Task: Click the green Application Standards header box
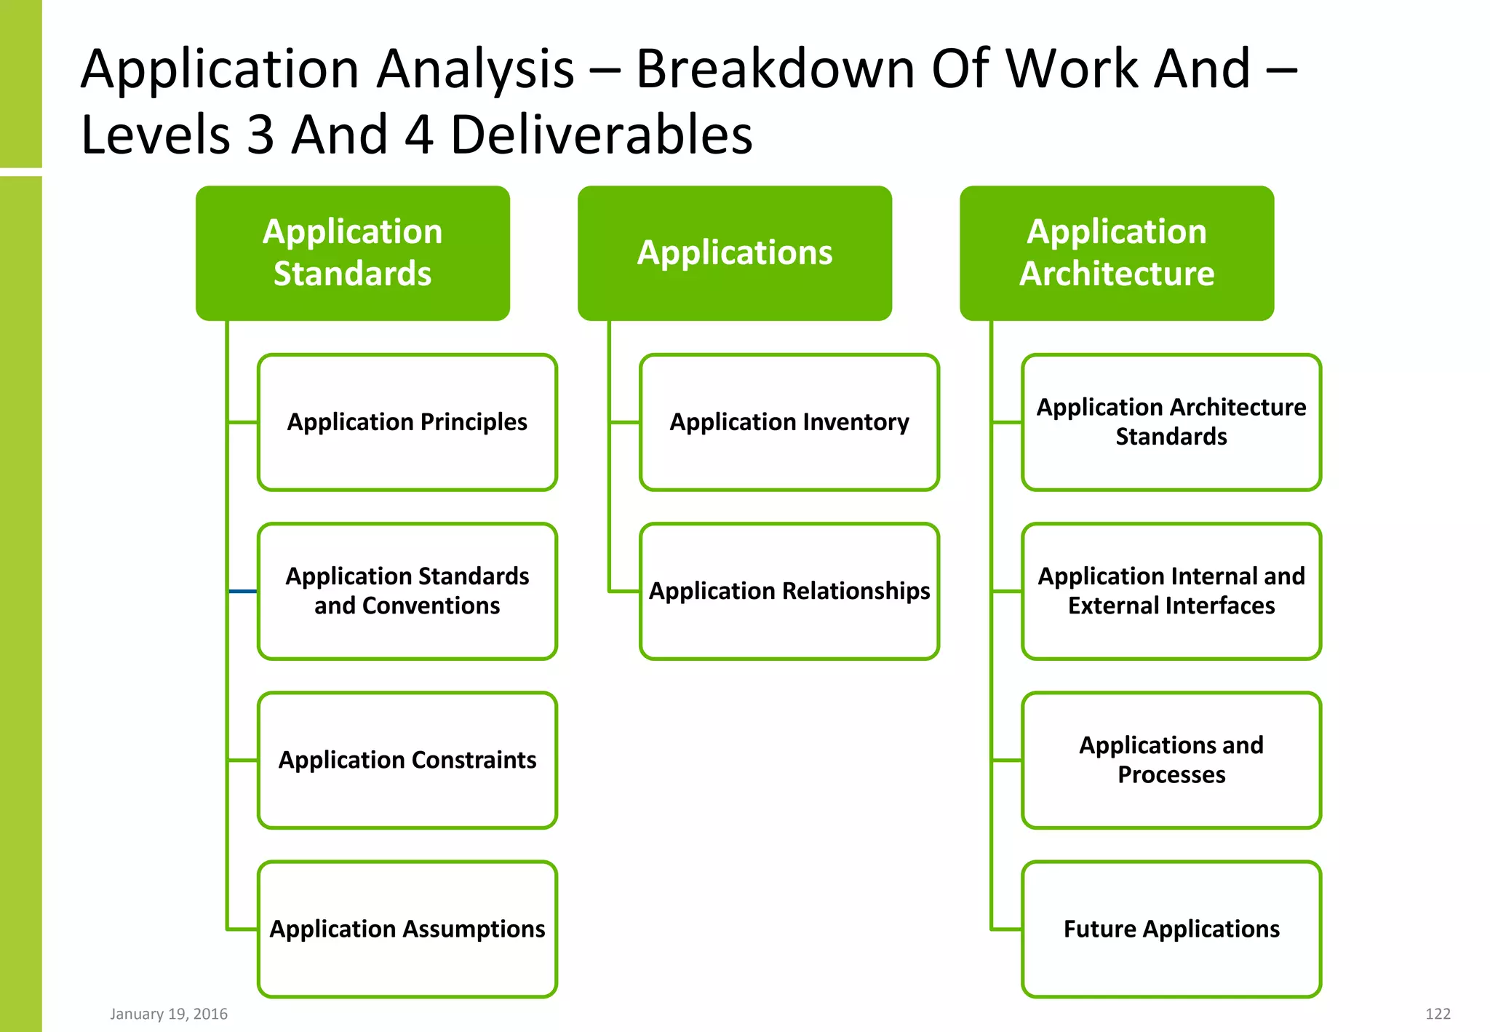tap(352, 253)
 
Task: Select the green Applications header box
tap(734, 253)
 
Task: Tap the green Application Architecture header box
tap(1116, 253)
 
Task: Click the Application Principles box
tap(407, 422)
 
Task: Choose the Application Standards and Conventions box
tap(407, 591)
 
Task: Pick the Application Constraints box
tap(407, 760)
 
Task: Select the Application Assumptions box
tap(407, 929)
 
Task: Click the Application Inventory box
tap(789, 422)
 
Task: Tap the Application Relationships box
tap(789, 591)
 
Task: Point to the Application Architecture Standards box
tap(1171, 422)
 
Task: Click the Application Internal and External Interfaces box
tap(1171, 591)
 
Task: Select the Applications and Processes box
tap(1171, 760)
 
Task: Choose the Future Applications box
tap(1171, 929)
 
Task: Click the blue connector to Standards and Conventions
tap(243, 591)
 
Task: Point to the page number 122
tap(1438, 1014)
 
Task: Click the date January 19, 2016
tap(169, 1014)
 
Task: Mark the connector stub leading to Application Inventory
tap(625, 422)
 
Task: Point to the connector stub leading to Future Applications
tap(1007, 929)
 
